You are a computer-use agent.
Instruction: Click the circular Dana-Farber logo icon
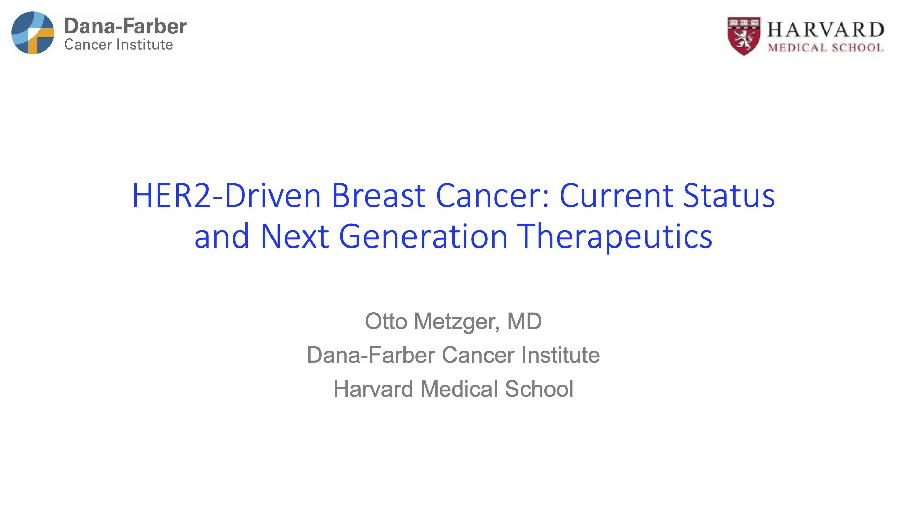coord(33,33)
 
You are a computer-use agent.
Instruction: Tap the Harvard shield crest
coord(744,36)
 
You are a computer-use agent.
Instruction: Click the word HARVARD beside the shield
coord(825,30)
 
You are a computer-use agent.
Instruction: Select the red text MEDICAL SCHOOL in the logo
coord(825,48)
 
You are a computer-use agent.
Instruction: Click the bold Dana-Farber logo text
coord(125,27)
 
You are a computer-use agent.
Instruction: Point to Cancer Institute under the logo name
coord(119,45)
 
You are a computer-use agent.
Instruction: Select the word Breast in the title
coord(379,196)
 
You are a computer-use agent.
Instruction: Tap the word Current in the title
coord(616,196)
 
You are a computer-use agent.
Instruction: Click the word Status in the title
coord(729,196)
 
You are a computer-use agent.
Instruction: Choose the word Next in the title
coord(295,237)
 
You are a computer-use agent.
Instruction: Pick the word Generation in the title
coord(423,237)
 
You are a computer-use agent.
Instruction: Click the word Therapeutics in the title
coord(615,237)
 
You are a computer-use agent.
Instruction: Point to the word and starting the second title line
coord(221,237)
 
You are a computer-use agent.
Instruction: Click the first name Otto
coord(386,321)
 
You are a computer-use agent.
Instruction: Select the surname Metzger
coord(457,321)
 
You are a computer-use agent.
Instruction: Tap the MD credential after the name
coord(524,321)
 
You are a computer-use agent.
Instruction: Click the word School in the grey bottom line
coord(539,389)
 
